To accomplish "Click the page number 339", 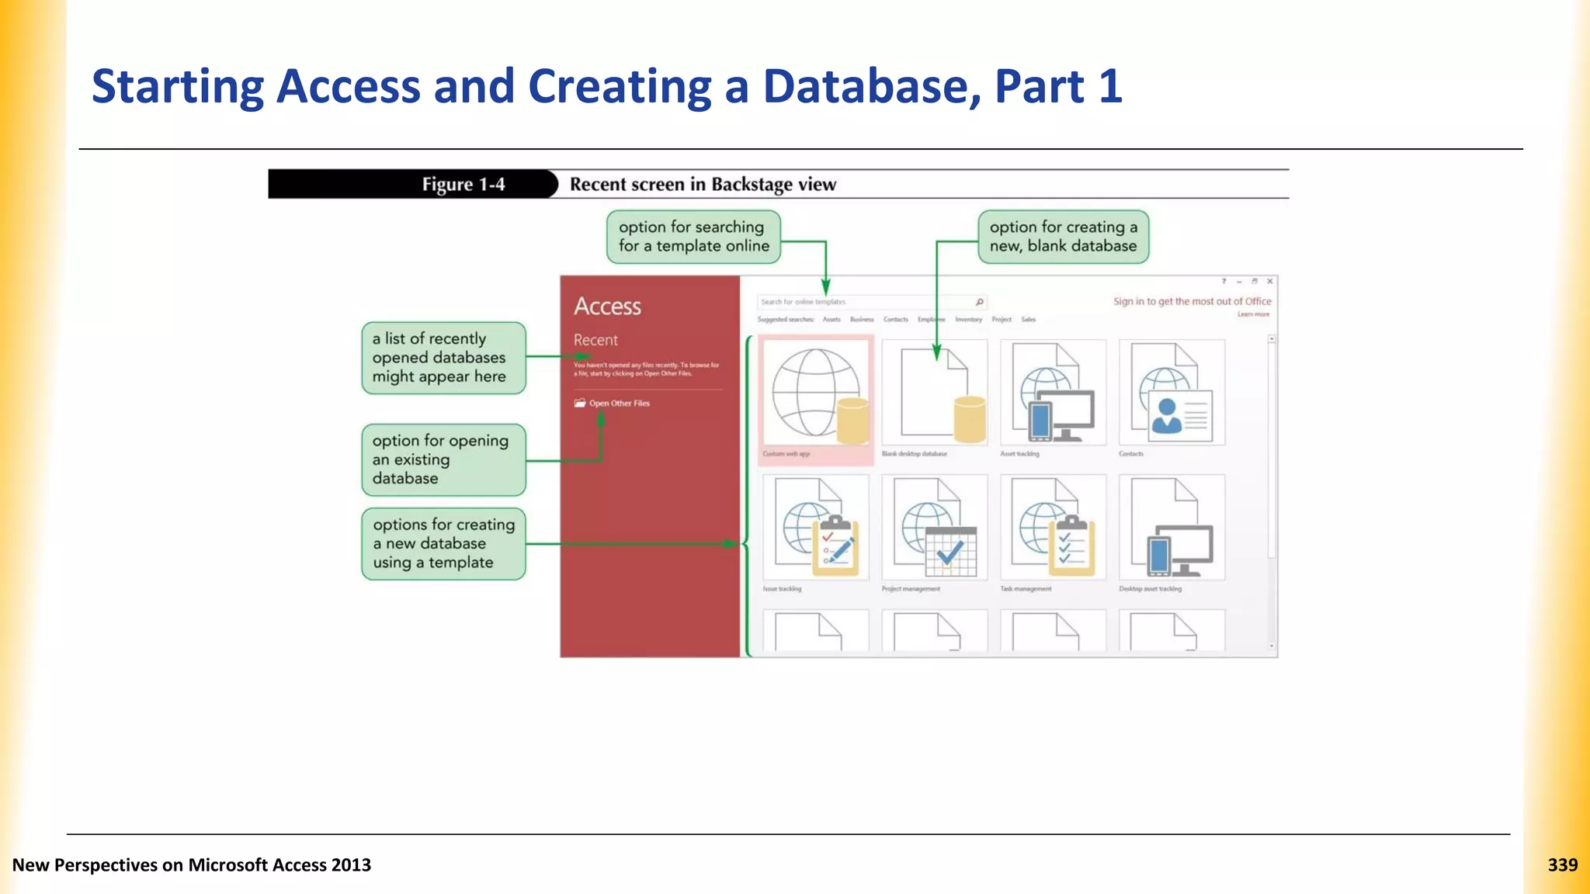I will click(1562, 865).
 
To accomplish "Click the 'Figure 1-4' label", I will click(463, 185).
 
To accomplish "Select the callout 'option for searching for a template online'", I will click(693, 237).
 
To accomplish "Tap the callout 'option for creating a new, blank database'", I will click(1063, 237).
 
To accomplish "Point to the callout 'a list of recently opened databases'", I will click(443, 358).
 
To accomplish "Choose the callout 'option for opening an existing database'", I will click(443, 459).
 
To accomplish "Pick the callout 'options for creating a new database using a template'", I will click(443, 543).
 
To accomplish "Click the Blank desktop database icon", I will click(935, 393).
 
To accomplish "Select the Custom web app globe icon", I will click(816, 393).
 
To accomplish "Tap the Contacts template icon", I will click(1172, 393).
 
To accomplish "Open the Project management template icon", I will click(935, 528).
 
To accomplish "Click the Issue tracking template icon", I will click(816, 528).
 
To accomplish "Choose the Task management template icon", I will click(1054, 528).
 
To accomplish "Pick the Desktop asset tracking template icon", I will click(1172, 528).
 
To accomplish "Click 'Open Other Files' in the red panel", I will click(619, 404).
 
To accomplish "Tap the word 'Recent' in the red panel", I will click(595, 340).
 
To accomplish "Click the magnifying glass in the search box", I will click(980, 302).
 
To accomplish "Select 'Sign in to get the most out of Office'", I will click(1192, 301).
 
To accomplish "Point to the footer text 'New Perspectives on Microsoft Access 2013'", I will click(192, 865).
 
